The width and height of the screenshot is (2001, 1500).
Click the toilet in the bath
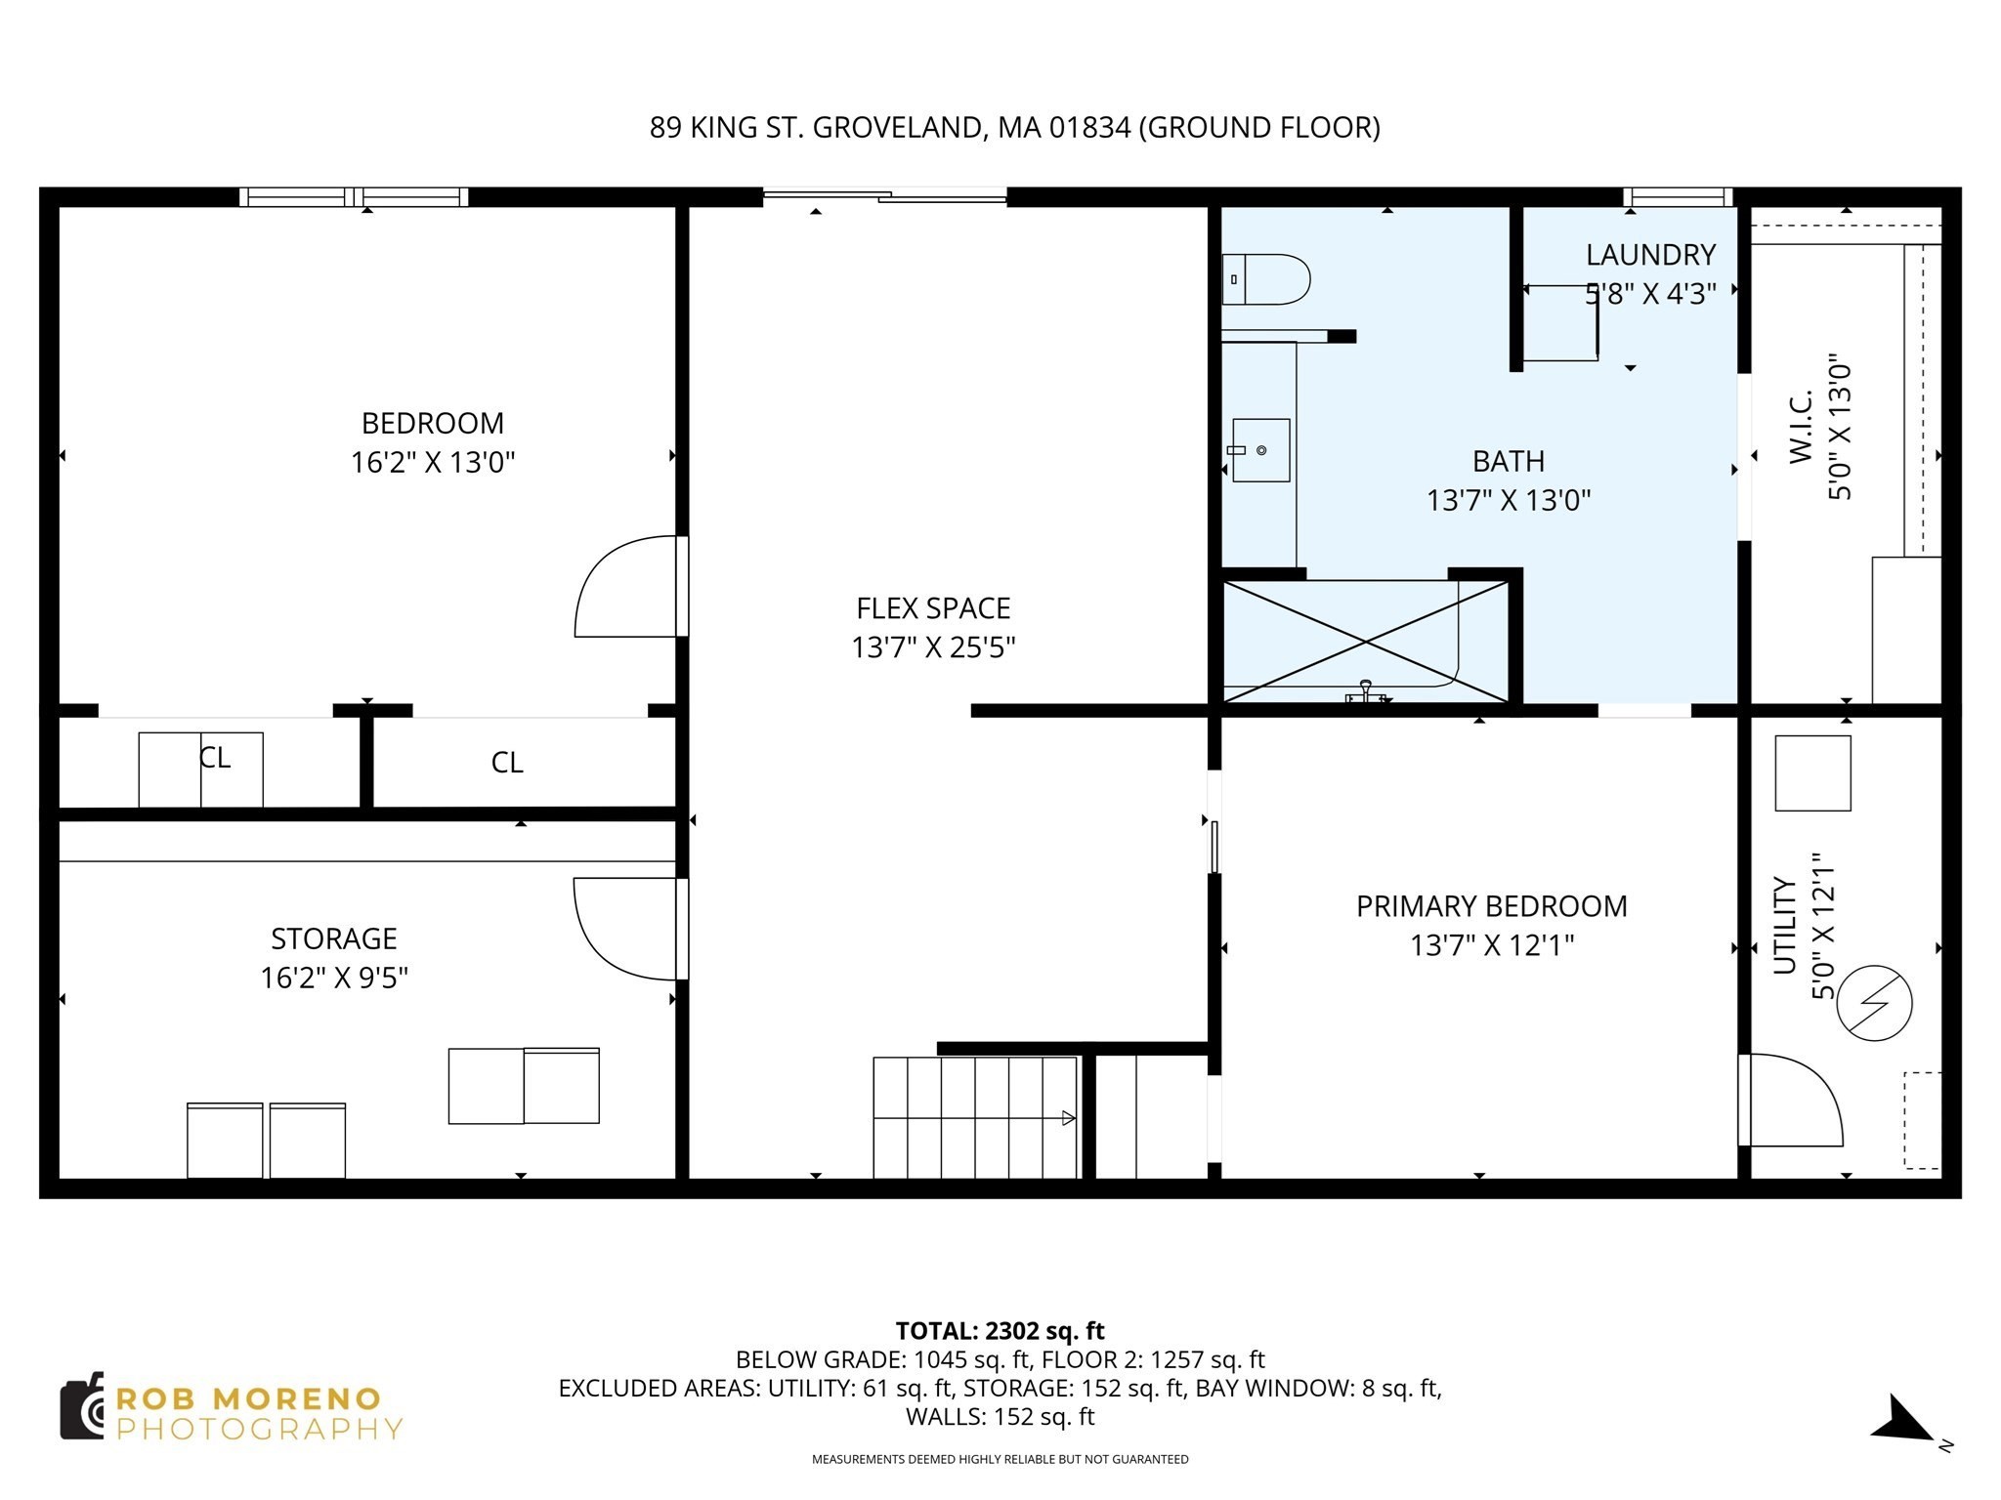[x=1266, y=279]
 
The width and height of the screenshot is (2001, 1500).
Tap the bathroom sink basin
[x=1260, y=450]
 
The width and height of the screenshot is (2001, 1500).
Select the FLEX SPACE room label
[x=933, y=608]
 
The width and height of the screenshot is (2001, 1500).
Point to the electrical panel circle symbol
[x=1874, y=1003]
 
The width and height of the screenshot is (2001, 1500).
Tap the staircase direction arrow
[x=1068, y=1118]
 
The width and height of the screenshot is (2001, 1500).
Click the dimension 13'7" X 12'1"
[x=1491, y=945]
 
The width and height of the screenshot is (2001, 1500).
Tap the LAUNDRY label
[x=1650, y=255]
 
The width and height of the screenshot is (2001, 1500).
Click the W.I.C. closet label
[x=1801, y=426]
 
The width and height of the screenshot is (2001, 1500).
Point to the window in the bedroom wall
[x=354, y=197]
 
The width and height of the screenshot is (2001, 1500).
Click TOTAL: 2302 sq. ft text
[x=1000, y=1331]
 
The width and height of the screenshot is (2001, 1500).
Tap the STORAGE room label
[x=333, y=938]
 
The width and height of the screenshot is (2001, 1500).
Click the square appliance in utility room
[x=1812, y=772]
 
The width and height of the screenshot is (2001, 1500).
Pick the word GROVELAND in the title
[x=898, y=128]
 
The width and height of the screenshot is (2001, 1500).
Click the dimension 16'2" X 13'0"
[x=432, y=462]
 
